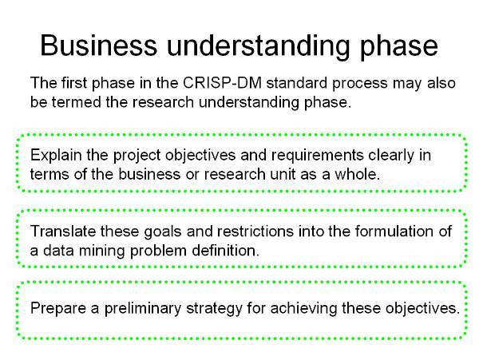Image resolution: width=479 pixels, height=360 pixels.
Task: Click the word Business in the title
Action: (99, 45)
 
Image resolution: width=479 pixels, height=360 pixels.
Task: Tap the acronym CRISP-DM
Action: (222, 83)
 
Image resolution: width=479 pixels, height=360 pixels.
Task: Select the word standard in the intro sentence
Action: (297, 83)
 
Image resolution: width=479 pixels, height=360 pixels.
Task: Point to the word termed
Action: (76, 101)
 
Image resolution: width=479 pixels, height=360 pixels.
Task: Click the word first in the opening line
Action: (74, 83)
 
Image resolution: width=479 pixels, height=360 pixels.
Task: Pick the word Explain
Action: (56, 156)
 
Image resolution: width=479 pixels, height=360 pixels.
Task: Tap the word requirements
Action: (318, 156)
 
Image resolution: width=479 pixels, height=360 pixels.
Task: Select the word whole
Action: (358, 174)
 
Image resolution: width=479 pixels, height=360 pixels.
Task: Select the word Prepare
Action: (58, 308)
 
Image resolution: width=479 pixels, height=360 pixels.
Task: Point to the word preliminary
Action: (143, 308)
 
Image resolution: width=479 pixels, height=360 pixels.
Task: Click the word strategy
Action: (214, 308)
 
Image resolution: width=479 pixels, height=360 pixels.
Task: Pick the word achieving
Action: (303, 308)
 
